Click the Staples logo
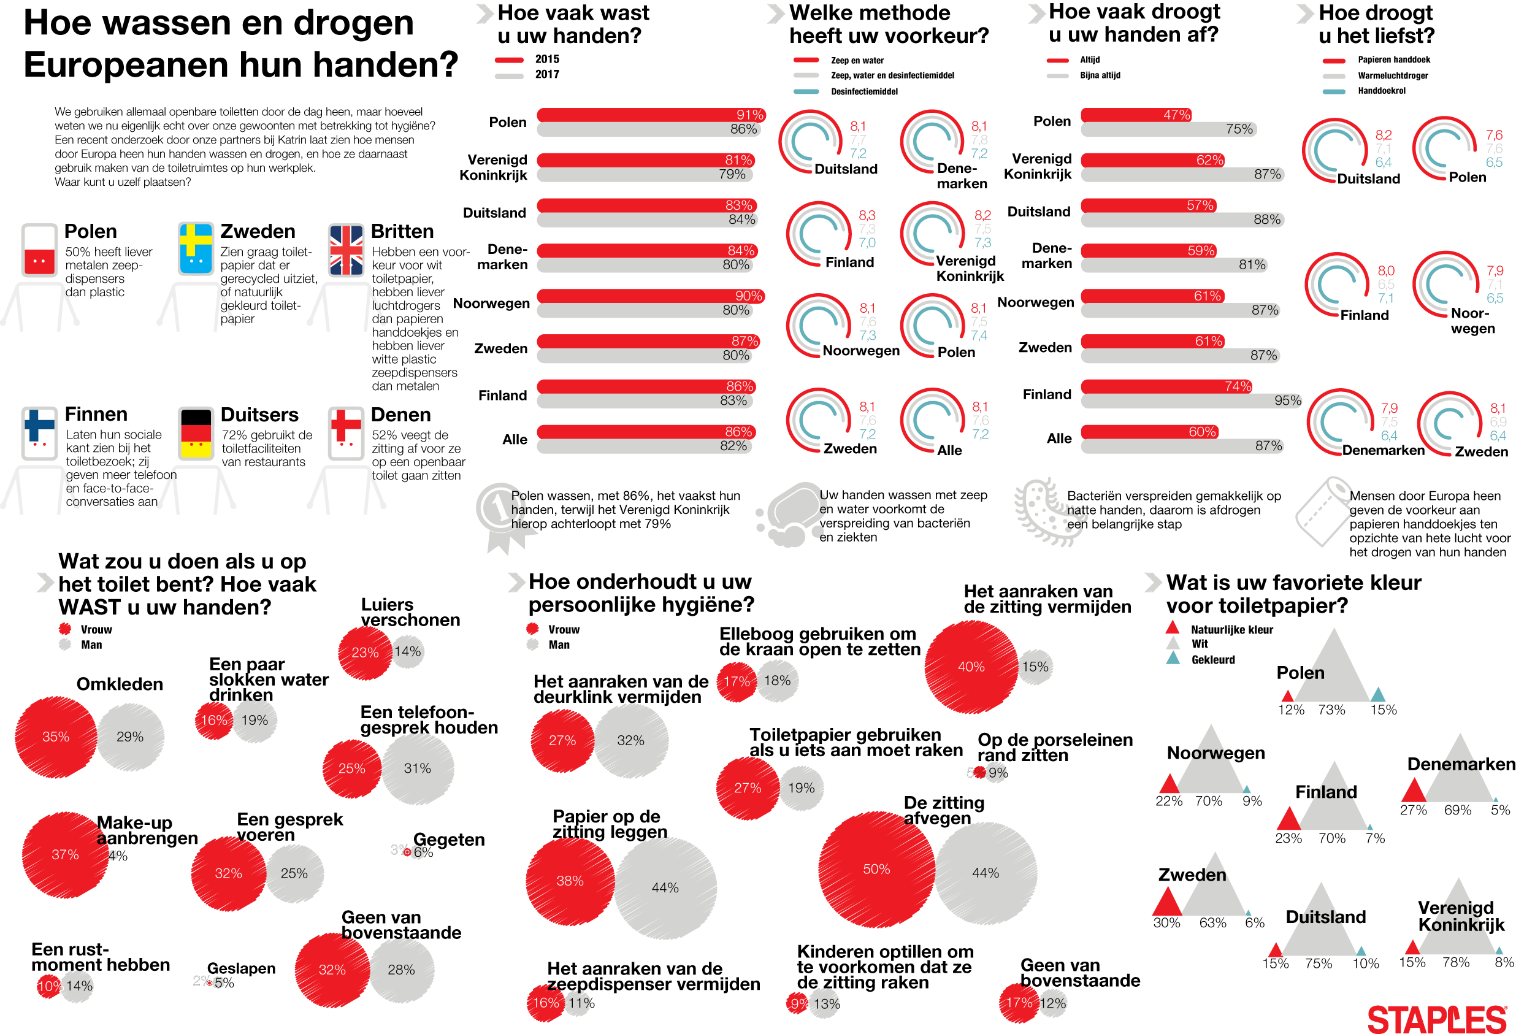point(1436,1018)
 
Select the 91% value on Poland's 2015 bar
point(749,115)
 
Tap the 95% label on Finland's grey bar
point(1287,400)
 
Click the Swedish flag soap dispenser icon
point(195,249)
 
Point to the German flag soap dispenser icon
point(196,433)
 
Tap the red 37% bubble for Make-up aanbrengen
point(64,854)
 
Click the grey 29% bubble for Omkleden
point(130,736)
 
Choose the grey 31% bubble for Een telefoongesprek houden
point(417,768)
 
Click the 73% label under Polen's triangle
point(1331,709)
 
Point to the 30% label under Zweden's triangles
point(1166,922)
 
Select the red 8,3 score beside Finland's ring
point(867,215)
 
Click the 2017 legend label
point(546,74)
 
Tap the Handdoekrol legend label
point(1381,91)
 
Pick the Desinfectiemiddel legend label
point(863,91)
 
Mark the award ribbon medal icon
point(502,515)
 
